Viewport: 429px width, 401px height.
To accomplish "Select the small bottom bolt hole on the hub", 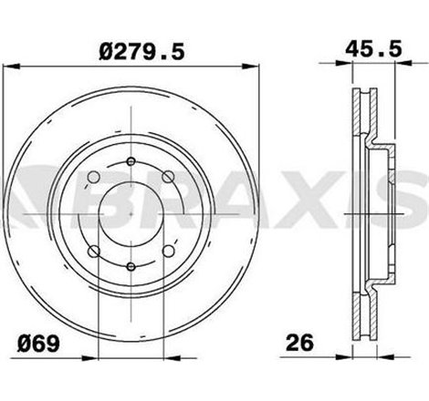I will [131, 266].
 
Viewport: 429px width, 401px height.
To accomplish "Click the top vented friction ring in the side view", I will [359, 118].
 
